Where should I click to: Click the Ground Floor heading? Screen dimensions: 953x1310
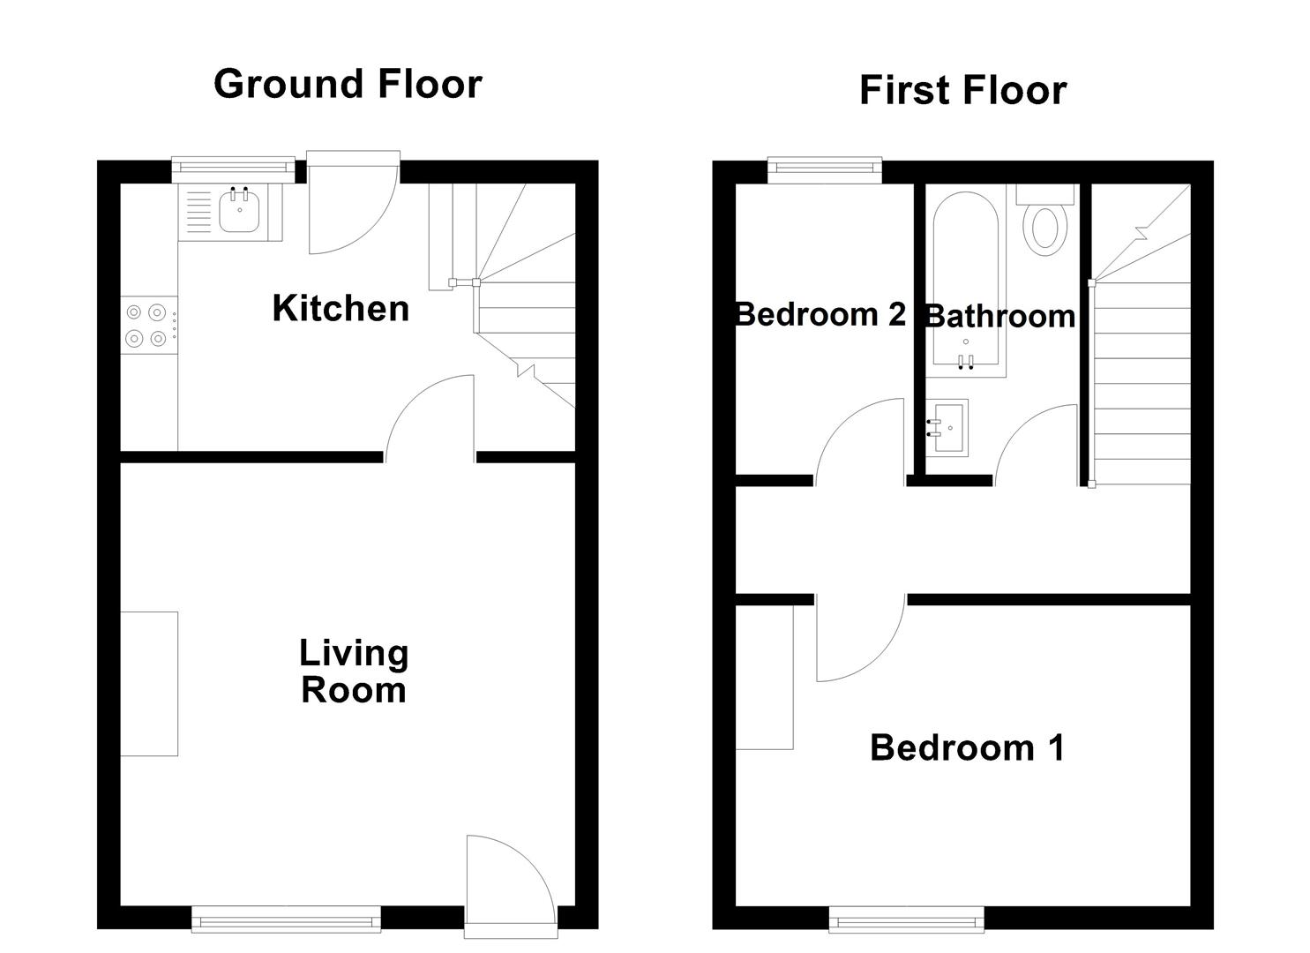coord(348,85)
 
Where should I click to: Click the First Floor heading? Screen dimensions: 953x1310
coord(962,91)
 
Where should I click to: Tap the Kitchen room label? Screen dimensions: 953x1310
coord(341,309)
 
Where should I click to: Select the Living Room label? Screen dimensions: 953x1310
coord(354,672)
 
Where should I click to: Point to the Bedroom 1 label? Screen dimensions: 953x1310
coord(967,747)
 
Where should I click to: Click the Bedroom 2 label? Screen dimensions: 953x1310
coord(820,314)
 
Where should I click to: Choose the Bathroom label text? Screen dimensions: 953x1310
coord(999,316)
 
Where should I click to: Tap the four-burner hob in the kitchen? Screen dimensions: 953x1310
coord(146,325)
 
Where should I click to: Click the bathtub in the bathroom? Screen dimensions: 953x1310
coord(966,282)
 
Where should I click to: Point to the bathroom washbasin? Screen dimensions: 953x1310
coord(947,427)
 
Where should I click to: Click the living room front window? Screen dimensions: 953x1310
coord(287,919)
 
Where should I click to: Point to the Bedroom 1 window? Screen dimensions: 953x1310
coord(906,919)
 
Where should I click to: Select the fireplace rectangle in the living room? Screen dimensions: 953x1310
coord(149,683)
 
